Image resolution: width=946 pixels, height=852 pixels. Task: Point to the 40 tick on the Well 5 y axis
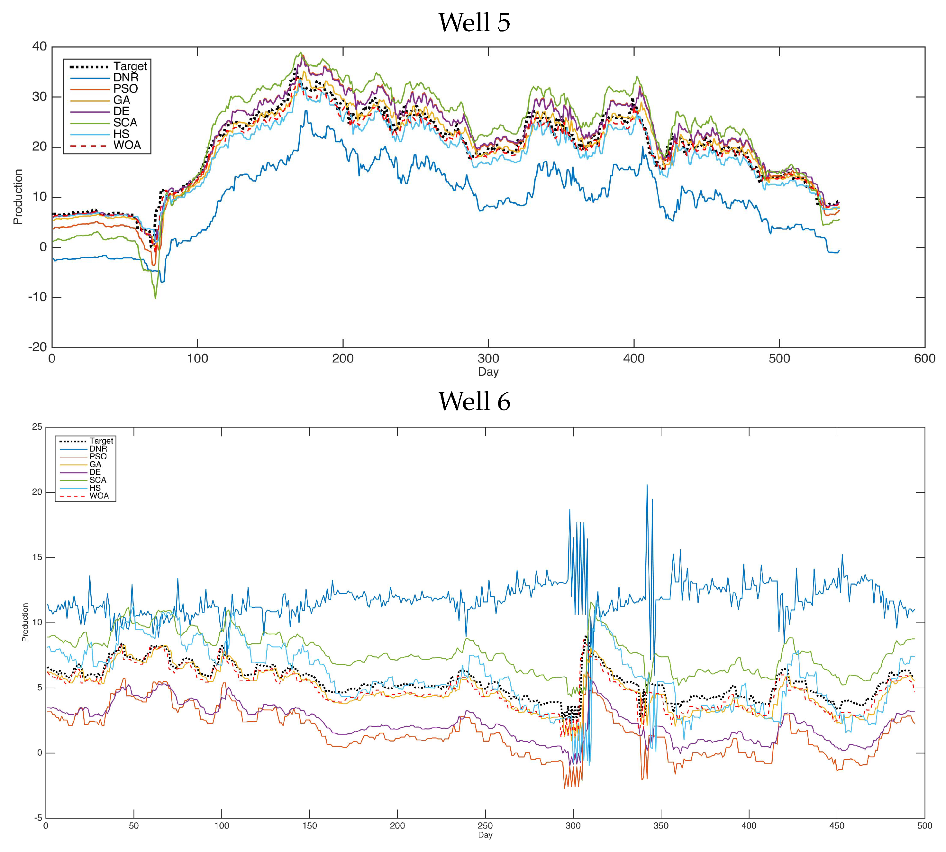40,46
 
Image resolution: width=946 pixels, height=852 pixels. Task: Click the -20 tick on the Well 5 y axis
37,347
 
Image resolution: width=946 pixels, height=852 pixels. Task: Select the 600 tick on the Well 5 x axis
924,359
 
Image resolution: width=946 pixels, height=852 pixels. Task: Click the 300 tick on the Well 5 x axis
488,359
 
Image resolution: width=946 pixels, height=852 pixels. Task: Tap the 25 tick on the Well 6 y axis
37,427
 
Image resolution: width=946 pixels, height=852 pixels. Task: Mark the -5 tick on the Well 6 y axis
37,818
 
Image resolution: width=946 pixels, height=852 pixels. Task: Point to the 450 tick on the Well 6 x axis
836,826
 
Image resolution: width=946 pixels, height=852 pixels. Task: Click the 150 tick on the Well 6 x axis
309,826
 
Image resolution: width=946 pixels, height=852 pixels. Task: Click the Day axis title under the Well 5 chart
488,372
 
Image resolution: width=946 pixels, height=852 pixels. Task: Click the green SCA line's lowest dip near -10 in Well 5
155,298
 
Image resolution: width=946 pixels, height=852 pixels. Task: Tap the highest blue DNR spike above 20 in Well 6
647,485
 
